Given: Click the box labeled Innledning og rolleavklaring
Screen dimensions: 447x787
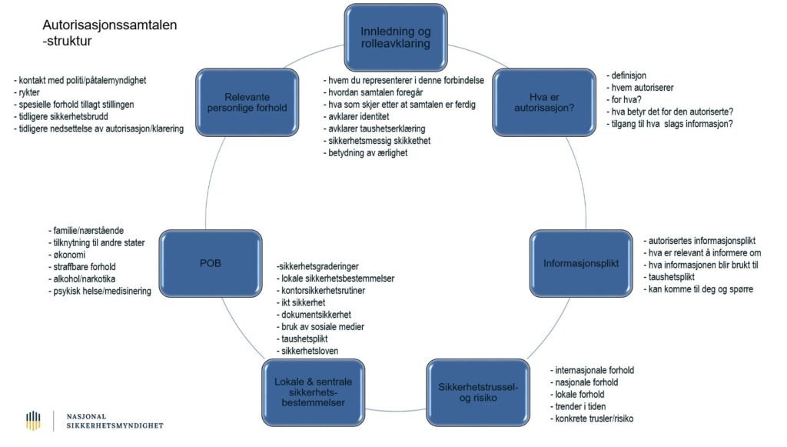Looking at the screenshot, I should pyautogui.click(x=395, y=38).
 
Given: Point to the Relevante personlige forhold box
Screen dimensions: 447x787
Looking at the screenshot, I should pyautogui.click(x=245, y=102).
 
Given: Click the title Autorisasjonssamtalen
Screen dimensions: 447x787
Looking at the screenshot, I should pyautogui.click(x=110, y=25).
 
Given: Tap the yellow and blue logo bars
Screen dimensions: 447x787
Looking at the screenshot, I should pyautogui.click(x=33, y=420).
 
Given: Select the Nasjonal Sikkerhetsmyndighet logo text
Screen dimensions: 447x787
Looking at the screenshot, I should pyautogui.click(x=115, y=420).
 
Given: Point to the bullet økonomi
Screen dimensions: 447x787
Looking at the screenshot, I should pyautogui.click(x=68, y=255).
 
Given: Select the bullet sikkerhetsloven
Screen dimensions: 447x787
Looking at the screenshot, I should pyautogui.click(x=310, y=351).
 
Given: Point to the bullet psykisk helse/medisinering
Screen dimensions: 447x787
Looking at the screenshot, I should pyautogui.click(x=101, y=292).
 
